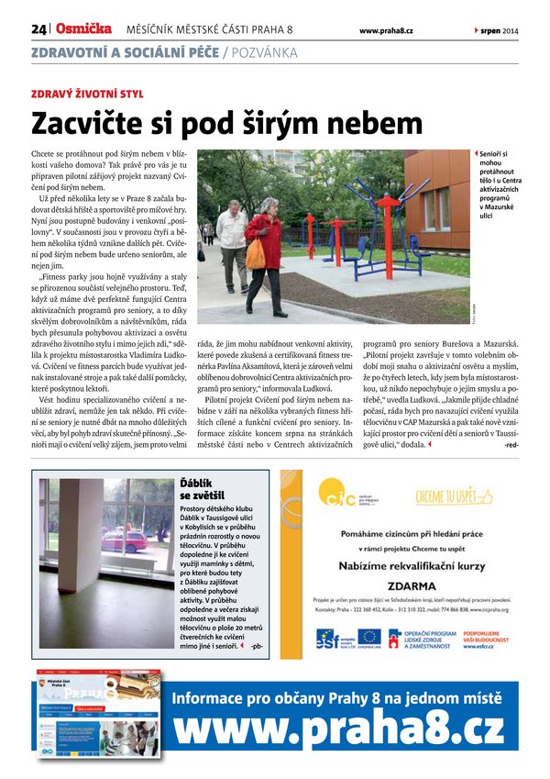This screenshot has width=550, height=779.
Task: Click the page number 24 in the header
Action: [x=38, y=29]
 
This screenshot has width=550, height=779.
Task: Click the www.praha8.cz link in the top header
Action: [x=385, y=30]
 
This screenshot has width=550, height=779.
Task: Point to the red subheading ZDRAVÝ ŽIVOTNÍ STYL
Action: [x=87, y=94]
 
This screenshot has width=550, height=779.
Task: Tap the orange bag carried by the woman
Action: [x=255, y=254]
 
